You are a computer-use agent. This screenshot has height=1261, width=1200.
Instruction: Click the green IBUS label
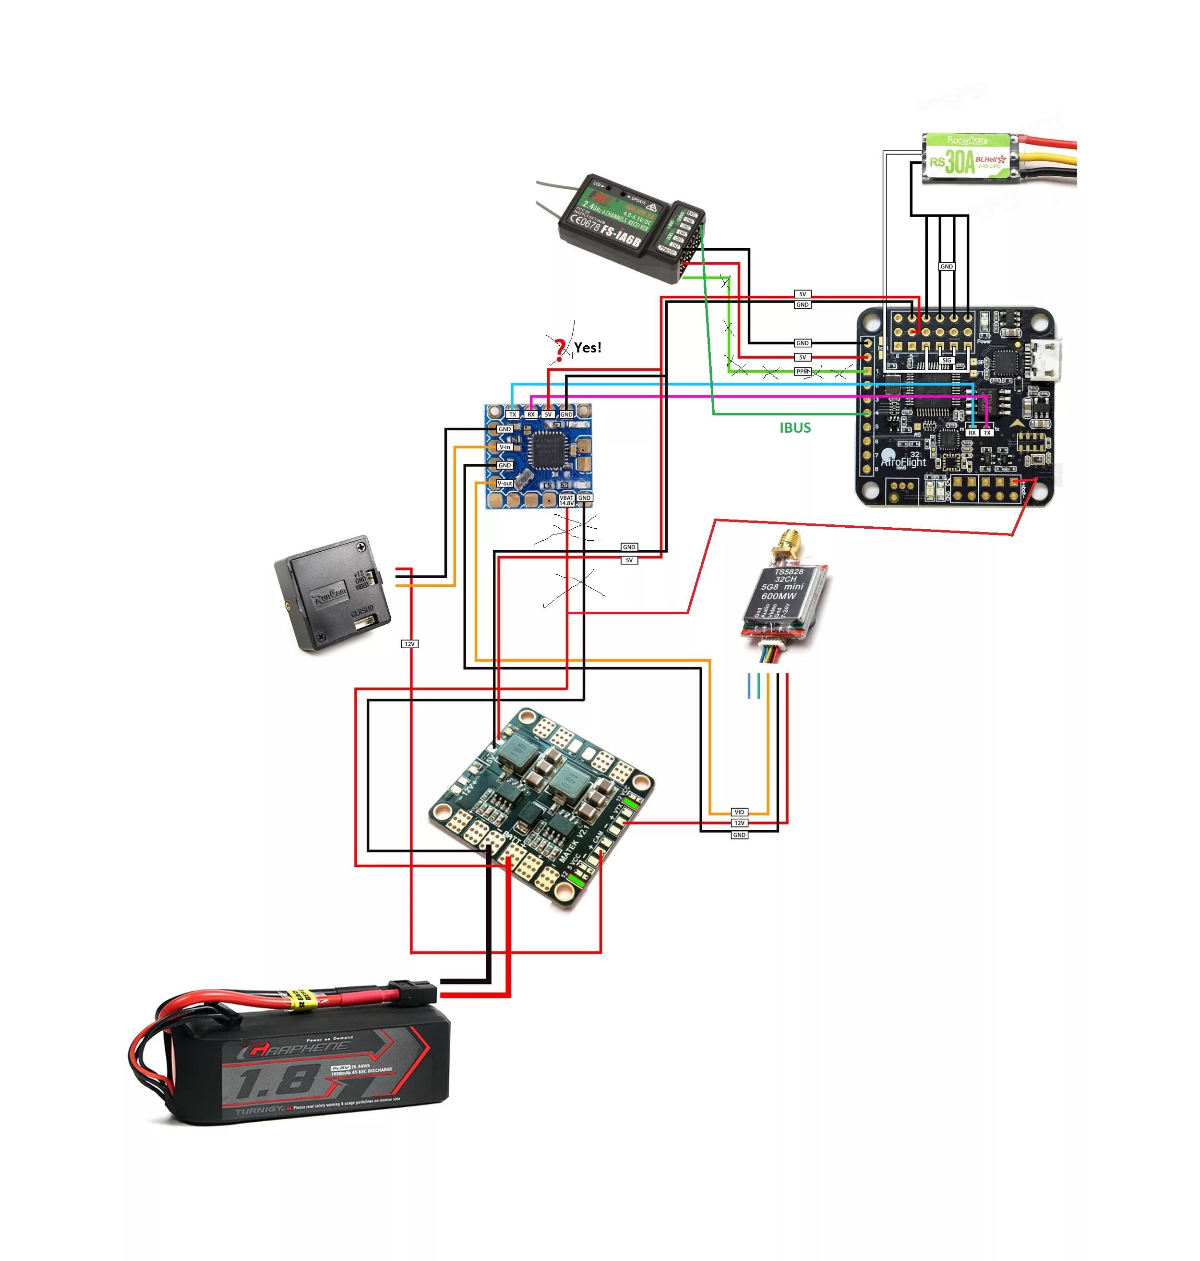(795, 428)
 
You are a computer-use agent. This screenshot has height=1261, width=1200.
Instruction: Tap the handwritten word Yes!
(587, 347)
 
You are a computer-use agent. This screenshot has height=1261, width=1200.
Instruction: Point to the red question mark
(560, 349)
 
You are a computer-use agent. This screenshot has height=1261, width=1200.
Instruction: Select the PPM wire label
(802, 371)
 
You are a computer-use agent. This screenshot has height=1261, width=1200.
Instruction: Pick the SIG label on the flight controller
(947, 360)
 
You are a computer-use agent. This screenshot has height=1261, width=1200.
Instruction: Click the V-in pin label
(504, 447)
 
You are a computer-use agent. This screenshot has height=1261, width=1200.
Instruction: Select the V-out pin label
(504, 483)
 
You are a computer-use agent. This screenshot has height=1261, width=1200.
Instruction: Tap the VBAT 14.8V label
(567, 500)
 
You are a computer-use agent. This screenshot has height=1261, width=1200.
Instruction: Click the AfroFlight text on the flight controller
(903, 461)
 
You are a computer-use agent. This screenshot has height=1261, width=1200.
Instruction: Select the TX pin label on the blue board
(512, 414)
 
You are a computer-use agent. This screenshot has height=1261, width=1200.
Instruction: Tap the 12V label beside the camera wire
(409, 643)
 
